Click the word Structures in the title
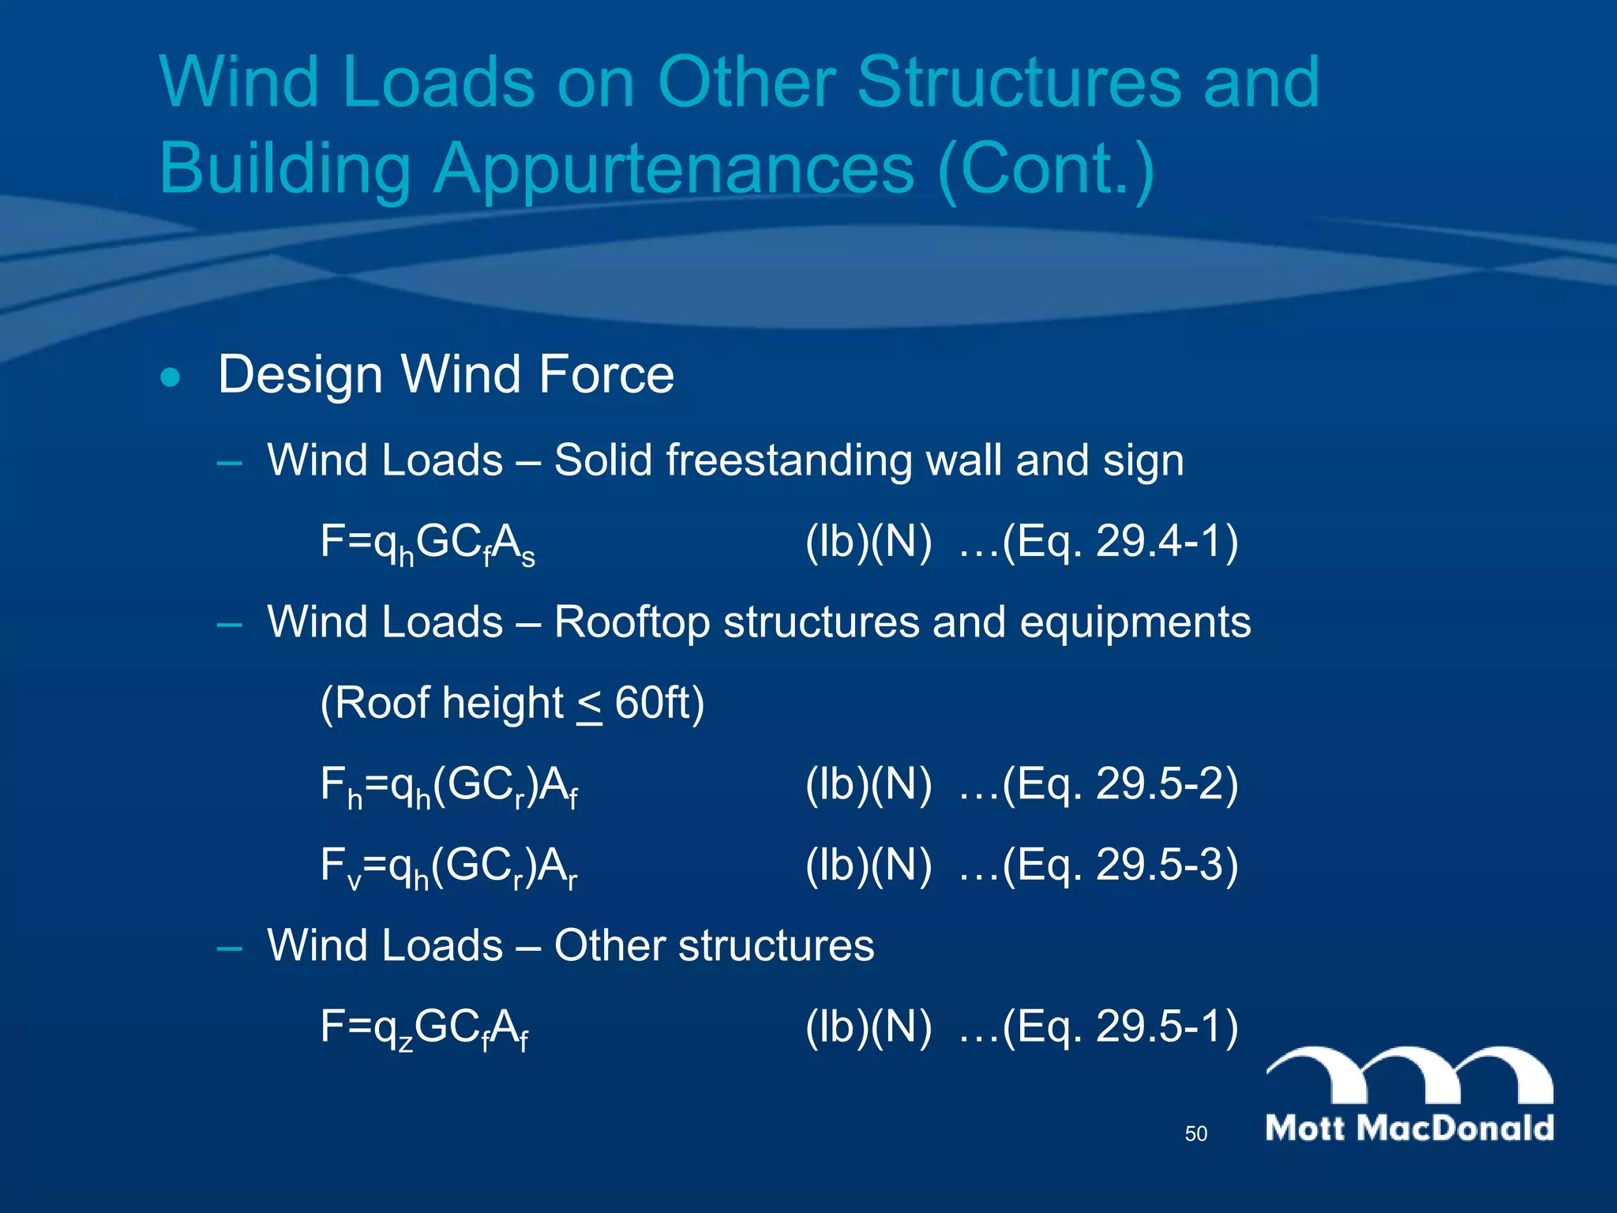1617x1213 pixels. click(x=1019, y=82)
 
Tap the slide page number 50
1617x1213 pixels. click(x=1195, y=1134)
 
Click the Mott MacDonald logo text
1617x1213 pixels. click(x=1409, y=1128)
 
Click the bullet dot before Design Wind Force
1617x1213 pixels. click(x=170, y=377)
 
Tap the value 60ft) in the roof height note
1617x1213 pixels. click(x=659, y=703)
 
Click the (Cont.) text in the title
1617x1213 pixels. click(x=1047, y=169)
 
